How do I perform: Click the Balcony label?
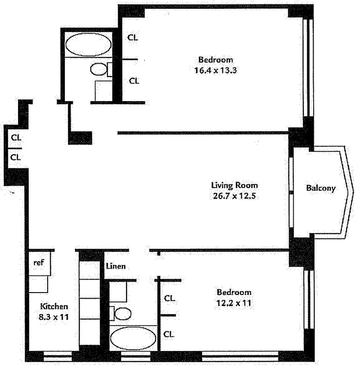[320, 188]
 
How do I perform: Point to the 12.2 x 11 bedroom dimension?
[234, 303]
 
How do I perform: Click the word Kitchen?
[54, 307]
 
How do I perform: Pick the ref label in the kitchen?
[39, 262]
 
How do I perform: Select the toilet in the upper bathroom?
[99, 70]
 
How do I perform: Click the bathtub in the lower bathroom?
[133, 338]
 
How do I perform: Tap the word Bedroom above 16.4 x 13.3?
[215, 59]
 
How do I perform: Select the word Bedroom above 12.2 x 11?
[234, 292]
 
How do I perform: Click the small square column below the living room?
[158, 254]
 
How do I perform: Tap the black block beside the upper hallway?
[80, 138]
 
